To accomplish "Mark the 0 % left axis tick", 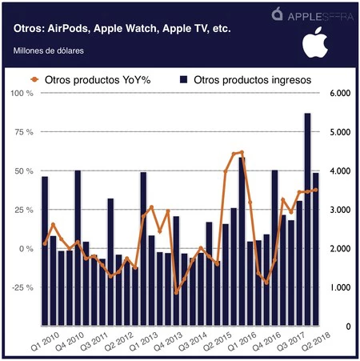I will point(26,249).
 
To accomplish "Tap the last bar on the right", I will point(315,248).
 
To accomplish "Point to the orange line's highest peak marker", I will point(241,152).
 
